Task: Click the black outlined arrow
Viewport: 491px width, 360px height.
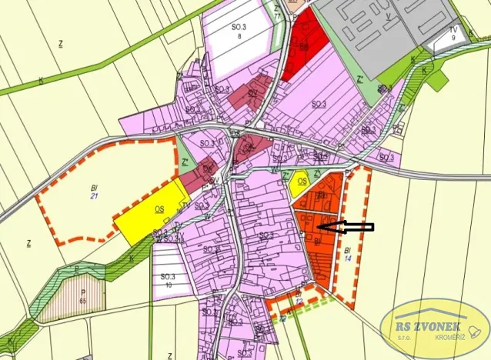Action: (346, 227)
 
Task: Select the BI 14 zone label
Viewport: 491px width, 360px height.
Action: (348, 254)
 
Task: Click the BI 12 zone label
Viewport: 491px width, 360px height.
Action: (298, 297)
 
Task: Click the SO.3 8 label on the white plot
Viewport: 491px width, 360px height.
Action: (239, 30)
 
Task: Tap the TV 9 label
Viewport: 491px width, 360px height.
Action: (453, 34)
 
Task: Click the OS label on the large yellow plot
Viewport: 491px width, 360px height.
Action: (159, 208)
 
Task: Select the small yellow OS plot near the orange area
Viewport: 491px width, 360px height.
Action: (302, 182)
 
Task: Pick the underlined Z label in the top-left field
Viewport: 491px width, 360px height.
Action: (60, 44)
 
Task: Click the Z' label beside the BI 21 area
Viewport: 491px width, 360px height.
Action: (185, 162)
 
